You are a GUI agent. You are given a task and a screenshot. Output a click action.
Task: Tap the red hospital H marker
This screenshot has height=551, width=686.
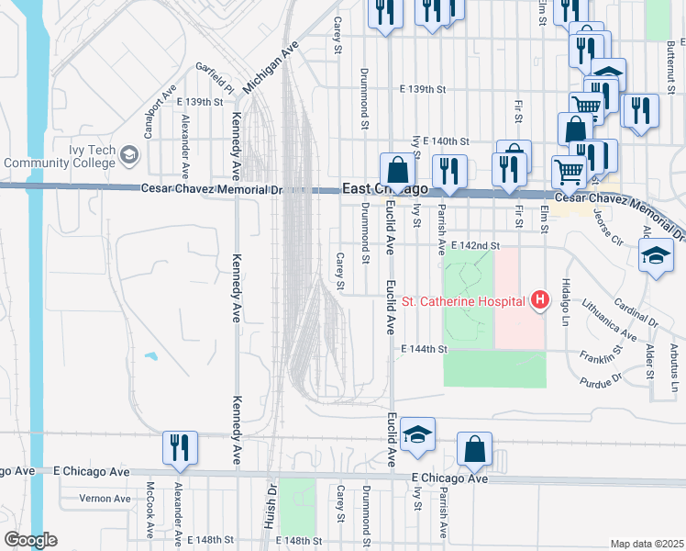pyautogui.click(x=540, y=300)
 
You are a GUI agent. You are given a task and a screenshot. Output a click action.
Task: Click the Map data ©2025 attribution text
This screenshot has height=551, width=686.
pyautogui.click(x=647, y=544)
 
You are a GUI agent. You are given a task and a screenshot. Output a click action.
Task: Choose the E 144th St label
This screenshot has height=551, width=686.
pyautogui.click(x=425, y=350)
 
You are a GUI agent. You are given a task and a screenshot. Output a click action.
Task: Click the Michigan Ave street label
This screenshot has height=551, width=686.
pyautogui.click(x=271, y=66)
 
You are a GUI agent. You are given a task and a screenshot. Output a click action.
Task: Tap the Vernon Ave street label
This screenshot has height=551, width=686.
pyautogui.click(x=105, y=499)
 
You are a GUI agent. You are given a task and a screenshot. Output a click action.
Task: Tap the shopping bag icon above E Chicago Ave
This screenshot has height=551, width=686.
pyautogui.click(x=474, y=449)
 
